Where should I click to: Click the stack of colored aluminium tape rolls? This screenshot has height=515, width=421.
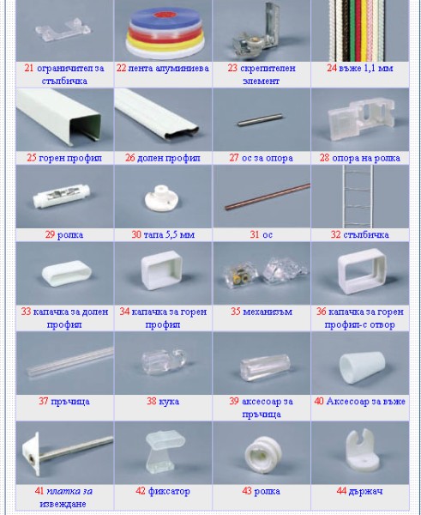[x=162, y=33]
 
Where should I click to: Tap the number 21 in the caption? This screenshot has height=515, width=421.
[x=29, y=68]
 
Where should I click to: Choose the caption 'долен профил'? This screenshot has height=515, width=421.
[x=169, y=158]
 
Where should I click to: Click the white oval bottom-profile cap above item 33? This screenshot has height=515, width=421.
[x=62, y=276]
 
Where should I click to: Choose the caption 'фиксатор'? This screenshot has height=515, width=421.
[x=169, y=491]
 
